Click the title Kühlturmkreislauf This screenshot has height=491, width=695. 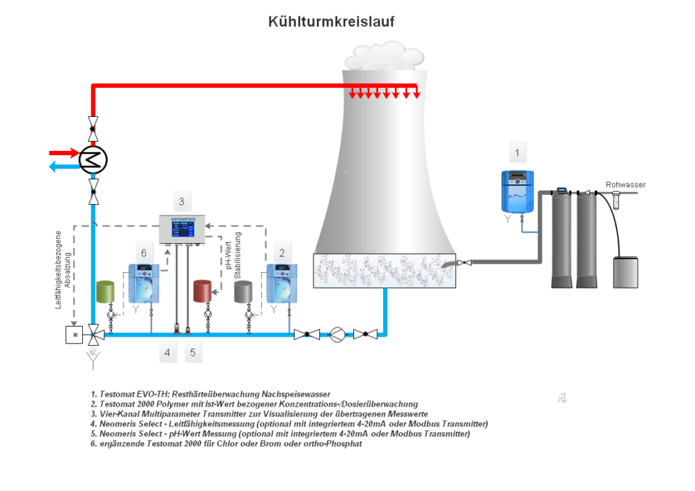(331, 22)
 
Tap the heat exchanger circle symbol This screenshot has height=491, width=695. (93, 159)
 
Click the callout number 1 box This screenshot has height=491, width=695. (517, 152)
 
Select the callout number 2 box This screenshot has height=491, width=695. (282, 252)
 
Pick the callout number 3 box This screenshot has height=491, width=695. (182, 201)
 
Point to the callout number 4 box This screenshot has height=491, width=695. (167, 352)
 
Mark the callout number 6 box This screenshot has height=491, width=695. (143, 252)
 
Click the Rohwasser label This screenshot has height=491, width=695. (625, 185)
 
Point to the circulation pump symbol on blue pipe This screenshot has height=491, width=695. (338, 334)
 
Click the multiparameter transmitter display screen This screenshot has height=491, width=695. (182, 231)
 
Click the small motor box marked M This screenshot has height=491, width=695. (74, 334)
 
